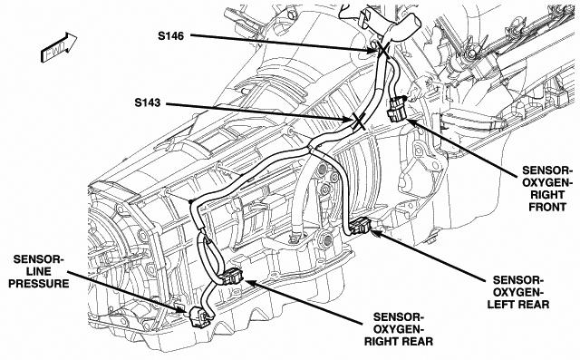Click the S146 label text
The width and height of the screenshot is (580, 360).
pyautogui.click(x=171, y=36)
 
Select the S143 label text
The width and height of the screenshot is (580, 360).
pyautogui.click(x=148, y=102)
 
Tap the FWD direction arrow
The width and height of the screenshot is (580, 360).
pyautogui.click(x=58, y=47)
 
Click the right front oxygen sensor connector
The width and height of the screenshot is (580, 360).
pyautogui.click(x=397, y=109)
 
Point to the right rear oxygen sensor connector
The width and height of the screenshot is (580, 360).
pyautogui.click(x=232, y=277)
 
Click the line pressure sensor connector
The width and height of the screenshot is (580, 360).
pyautogui.click(x=199, y=316)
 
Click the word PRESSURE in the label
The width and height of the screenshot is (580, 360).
pyautogui.click(x=39, y=284)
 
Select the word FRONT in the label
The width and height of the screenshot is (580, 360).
pyautogui.click(x=547, y=207)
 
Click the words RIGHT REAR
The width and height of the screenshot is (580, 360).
pyautogui.click(x=399, y=341)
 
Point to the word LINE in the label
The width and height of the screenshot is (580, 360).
pyautogui.click(x=39, y=271)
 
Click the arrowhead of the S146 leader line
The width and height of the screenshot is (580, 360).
pyautogui.click(x=372, y=50)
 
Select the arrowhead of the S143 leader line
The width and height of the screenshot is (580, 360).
pyautogui.click(x=346, y=119)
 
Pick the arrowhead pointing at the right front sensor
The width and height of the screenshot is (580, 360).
pyautogui.click(x=411, y=122)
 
